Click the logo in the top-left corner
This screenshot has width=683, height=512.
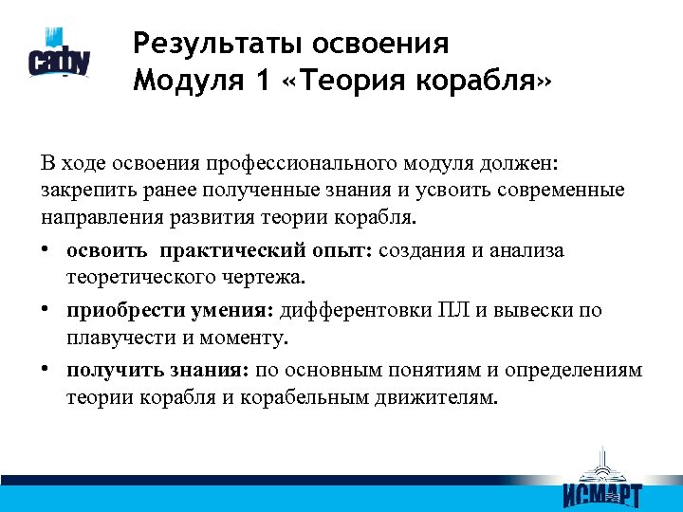(60, 60)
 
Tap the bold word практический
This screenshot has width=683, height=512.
(232, 251)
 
